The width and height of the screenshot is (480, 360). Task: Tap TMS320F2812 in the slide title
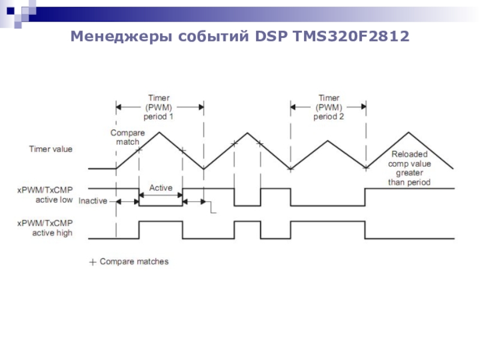pyautogui.click(x=352, y=38)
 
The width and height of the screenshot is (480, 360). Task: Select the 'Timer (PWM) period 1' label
pyautogui.click(x=159, y=107)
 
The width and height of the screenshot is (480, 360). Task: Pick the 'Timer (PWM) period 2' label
pyautogui.click(x=328, y=107)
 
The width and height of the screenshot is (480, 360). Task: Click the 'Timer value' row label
pyautogui.click(x=51, y=149)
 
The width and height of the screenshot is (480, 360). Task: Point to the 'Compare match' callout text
pyautogui.click(x=125, y=137)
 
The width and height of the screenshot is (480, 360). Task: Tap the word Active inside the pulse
pyautogui.click(x=160, y=188)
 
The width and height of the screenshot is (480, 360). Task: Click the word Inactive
pyautogui.click(x=93, y=201)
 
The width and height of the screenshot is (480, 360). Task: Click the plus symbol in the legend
pyautogui.click(x=92, y=262)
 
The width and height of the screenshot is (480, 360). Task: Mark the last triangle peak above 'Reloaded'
pyautogui.click(x=409, y=133)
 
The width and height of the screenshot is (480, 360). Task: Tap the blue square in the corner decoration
pyautogui.click(x=10, y=9)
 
